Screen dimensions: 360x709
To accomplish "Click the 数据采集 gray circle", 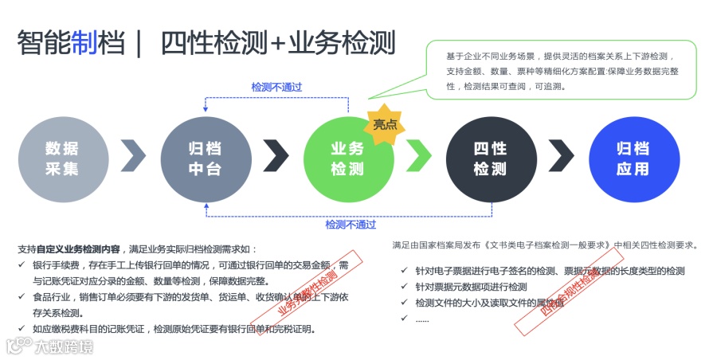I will tap(63, 158).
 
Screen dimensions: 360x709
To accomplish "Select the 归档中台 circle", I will tap(206, 158).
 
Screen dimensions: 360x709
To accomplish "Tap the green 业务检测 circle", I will tap(348, 158).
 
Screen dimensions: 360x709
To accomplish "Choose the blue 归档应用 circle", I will tap(633, 158).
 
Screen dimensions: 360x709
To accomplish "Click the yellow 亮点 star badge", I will tap(386, 126).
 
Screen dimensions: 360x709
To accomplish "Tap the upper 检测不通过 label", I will tap(276, 87).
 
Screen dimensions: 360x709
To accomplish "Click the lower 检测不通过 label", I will tap(351, 225).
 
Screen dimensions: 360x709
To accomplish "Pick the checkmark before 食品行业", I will tap(21, 296).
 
